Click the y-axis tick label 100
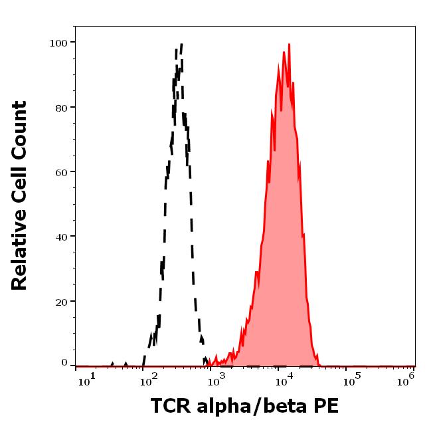pyautogui.click(x=59, y=43)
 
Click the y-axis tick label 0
pyautogui.click(x=64, y=363)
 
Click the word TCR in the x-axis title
pyautogui.click(x=169, y=405)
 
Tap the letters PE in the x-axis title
pyautogui.click(x=325, y=405)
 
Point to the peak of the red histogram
pyautogui.click(x=289, y=45)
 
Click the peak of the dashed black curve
pyautogui.click(x=181, y=45)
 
